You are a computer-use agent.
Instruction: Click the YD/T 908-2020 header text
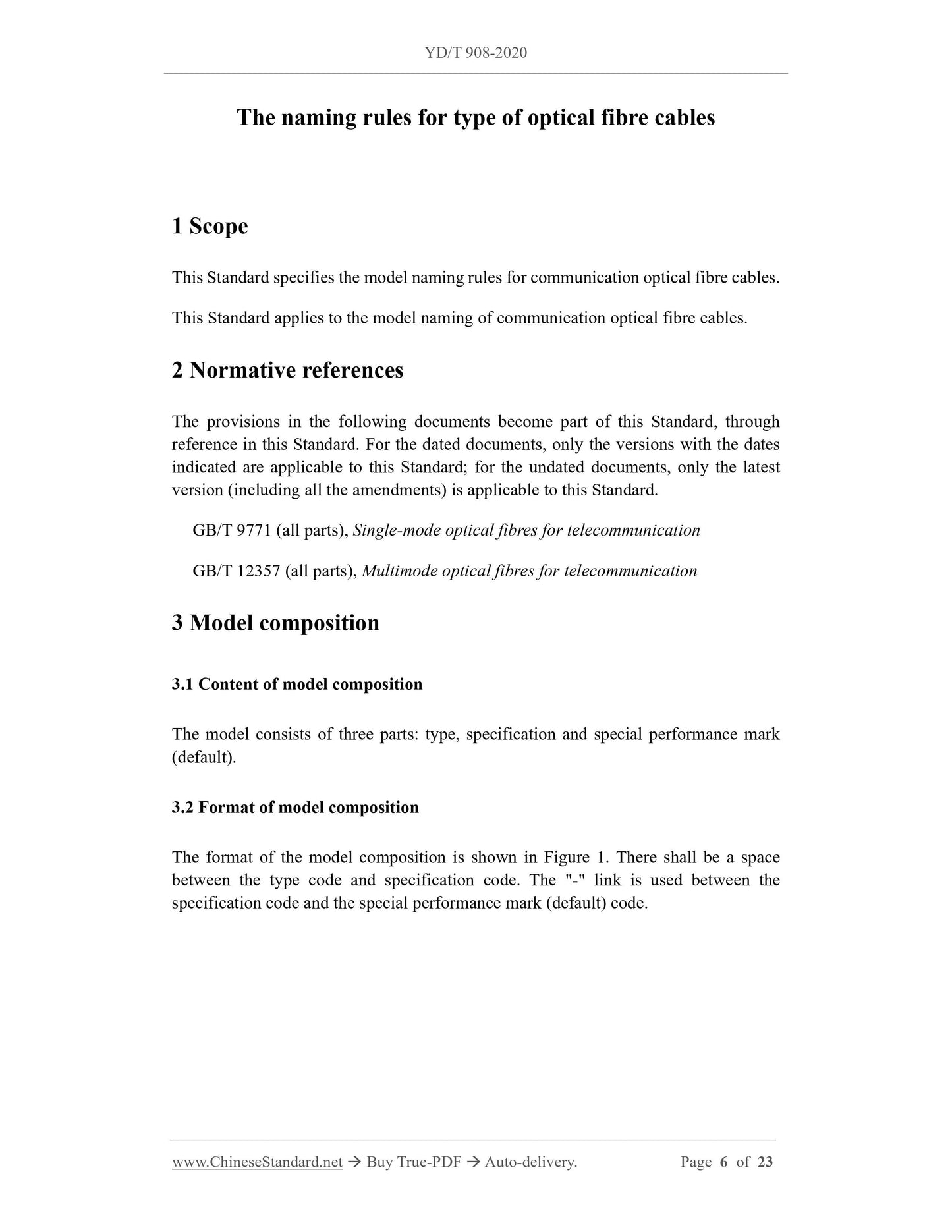[x=476, y=53]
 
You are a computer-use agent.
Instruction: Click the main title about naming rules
[x=476, y=117]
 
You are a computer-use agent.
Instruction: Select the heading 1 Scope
[x=210, y=226]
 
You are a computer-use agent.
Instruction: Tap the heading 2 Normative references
[x=287, y=370]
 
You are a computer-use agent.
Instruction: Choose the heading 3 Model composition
[x=275, y=623]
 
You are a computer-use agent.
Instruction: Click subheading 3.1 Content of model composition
[x=297, y=684]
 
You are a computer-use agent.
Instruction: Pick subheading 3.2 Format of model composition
[x=295, y=807]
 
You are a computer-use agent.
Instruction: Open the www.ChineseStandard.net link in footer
[x=257, y=1162]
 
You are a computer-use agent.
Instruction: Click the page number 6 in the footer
[x=724, y=1162]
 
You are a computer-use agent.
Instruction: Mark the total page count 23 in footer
[x=765, y=1162]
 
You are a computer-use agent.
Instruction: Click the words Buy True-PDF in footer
[x=413, y=1162]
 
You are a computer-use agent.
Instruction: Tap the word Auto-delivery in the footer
[x=530, y=1162]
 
